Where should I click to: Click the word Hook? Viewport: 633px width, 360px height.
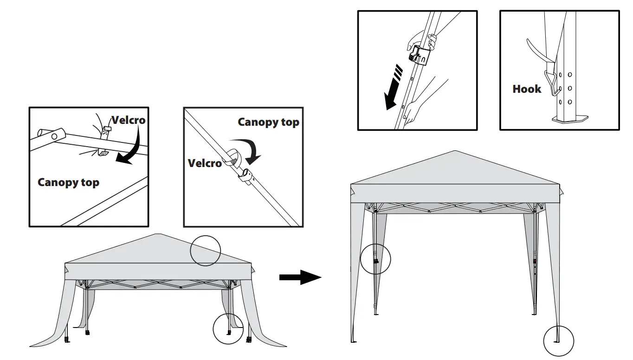click(x=527, y=89)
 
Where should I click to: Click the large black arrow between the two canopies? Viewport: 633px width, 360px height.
click(x=300, y=277)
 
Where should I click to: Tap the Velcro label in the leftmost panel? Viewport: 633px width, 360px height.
click(x=128, y=121)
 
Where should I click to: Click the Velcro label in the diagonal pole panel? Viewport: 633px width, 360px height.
click(x=205, y=163)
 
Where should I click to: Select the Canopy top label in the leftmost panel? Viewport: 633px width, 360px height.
click(x=68, y=182)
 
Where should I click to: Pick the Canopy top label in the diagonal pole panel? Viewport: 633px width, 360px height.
click(x=268, y=122)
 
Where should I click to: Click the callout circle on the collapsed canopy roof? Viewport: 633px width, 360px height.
click(x=206, y=251)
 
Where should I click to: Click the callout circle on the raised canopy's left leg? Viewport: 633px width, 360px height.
click(x=375, y=258)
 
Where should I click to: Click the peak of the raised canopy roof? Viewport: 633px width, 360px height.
click(x=455, y=151)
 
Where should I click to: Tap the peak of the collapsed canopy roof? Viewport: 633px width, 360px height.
click(x=159, y=234)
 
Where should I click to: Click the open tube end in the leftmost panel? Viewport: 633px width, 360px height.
click(x=42, y=135)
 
